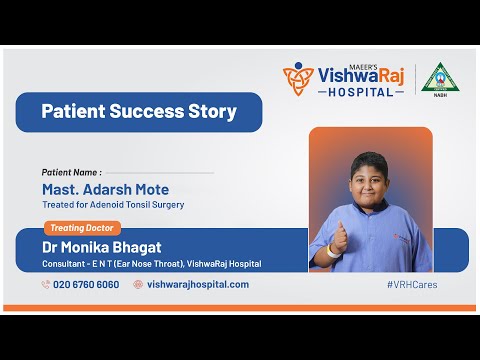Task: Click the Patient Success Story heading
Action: [138, 112]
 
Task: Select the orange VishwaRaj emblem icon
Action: [298, 79]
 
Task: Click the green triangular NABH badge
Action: [437, 78]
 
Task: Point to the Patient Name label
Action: [71, 172]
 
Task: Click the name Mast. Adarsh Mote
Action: [105, 189]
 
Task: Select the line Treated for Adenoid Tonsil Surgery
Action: [113, 205]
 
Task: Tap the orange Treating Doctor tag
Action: [82, 228]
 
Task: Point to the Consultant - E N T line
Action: [151, 264]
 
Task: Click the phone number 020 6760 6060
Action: [86, 284]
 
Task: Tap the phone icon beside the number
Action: [46, 284]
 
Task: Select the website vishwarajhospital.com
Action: [198, 284]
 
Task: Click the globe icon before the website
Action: [138, 284]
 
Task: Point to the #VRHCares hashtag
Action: [412, 285]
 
